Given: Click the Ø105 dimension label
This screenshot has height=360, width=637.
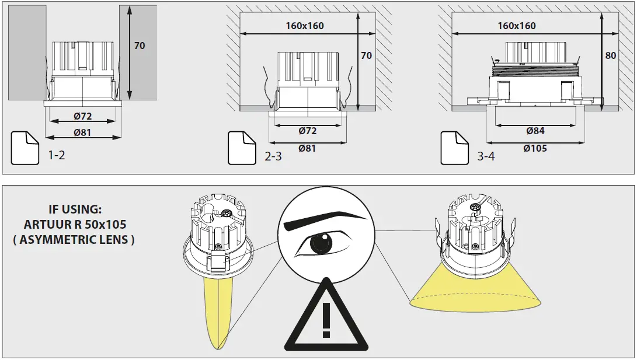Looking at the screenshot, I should click(535, 148).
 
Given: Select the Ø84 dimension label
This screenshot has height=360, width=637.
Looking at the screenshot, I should click(535, 131).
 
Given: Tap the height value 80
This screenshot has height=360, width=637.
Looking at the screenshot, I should click(611, 56).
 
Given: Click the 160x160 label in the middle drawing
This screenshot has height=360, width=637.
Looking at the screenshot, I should click(305, 26).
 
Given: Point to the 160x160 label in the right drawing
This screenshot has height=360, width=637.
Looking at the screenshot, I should click(517, 26).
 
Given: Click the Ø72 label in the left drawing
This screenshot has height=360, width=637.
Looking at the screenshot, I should click(83, 116).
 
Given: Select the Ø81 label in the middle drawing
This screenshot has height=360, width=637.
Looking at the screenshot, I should click(307, 148).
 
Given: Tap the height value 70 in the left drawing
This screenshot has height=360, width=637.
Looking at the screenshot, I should click(139, 45).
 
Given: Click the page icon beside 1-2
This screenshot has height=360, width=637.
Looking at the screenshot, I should click(25, 148).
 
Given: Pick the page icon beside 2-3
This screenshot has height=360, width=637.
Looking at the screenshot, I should click(242, 148).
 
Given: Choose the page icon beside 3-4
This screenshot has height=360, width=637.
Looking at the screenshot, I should click(455, 148).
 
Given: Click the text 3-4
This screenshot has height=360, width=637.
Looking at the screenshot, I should click(486, 156).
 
